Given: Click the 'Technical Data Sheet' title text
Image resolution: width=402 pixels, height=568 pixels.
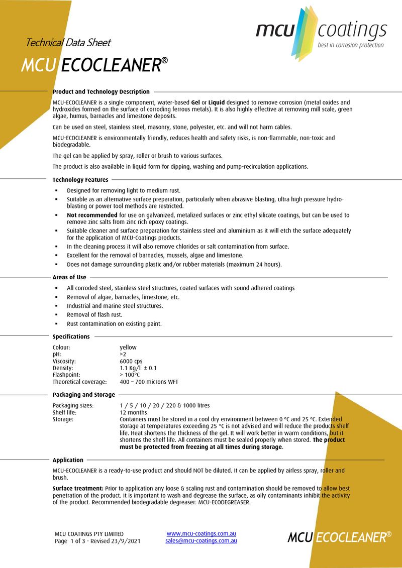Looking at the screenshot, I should (68, 43).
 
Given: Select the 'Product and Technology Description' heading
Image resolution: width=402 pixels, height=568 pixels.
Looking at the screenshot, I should (101, 92).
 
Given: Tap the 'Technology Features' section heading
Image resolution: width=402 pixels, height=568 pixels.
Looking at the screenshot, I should (80, 180).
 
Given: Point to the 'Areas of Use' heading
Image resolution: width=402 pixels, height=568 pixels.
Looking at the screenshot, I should (69, 277).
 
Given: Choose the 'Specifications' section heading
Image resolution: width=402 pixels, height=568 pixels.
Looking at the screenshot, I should (71, 336).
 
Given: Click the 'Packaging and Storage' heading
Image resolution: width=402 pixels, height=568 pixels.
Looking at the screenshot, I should (83, 395).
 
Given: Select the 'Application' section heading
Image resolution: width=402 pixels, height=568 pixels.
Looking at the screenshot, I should (68, 460).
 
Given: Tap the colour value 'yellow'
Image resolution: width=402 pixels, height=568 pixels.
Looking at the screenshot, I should (128, 347).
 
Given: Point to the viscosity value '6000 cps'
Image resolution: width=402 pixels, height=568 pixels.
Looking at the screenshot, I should (131, 361).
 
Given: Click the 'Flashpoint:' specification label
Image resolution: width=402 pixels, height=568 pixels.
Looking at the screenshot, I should (66, 375).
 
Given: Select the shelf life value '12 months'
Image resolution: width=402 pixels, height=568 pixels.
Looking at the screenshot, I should (133, 412).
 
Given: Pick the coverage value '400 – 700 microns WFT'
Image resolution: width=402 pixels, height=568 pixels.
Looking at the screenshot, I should (149, 382).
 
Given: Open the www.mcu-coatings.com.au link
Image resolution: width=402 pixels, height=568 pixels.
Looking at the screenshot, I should (201, 533).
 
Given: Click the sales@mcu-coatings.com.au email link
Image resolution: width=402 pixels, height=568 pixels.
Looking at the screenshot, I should (201, 541).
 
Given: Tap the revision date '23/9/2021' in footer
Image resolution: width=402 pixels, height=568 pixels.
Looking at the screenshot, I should (127, 541).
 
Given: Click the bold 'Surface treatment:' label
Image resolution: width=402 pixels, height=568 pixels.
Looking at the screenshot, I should (75, 488).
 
